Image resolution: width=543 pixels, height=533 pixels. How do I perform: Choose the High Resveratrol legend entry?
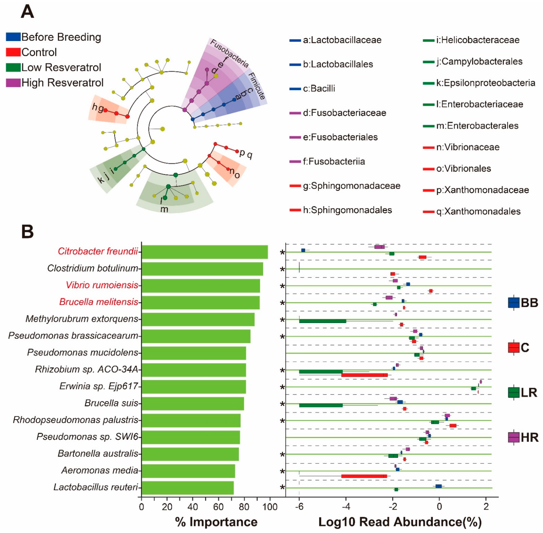(x=62, y=83)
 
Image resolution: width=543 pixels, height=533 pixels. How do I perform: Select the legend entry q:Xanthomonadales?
(x=478, y=211)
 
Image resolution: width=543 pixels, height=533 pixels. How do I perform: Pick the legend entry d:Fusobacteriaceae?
(x=344, y=113)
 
